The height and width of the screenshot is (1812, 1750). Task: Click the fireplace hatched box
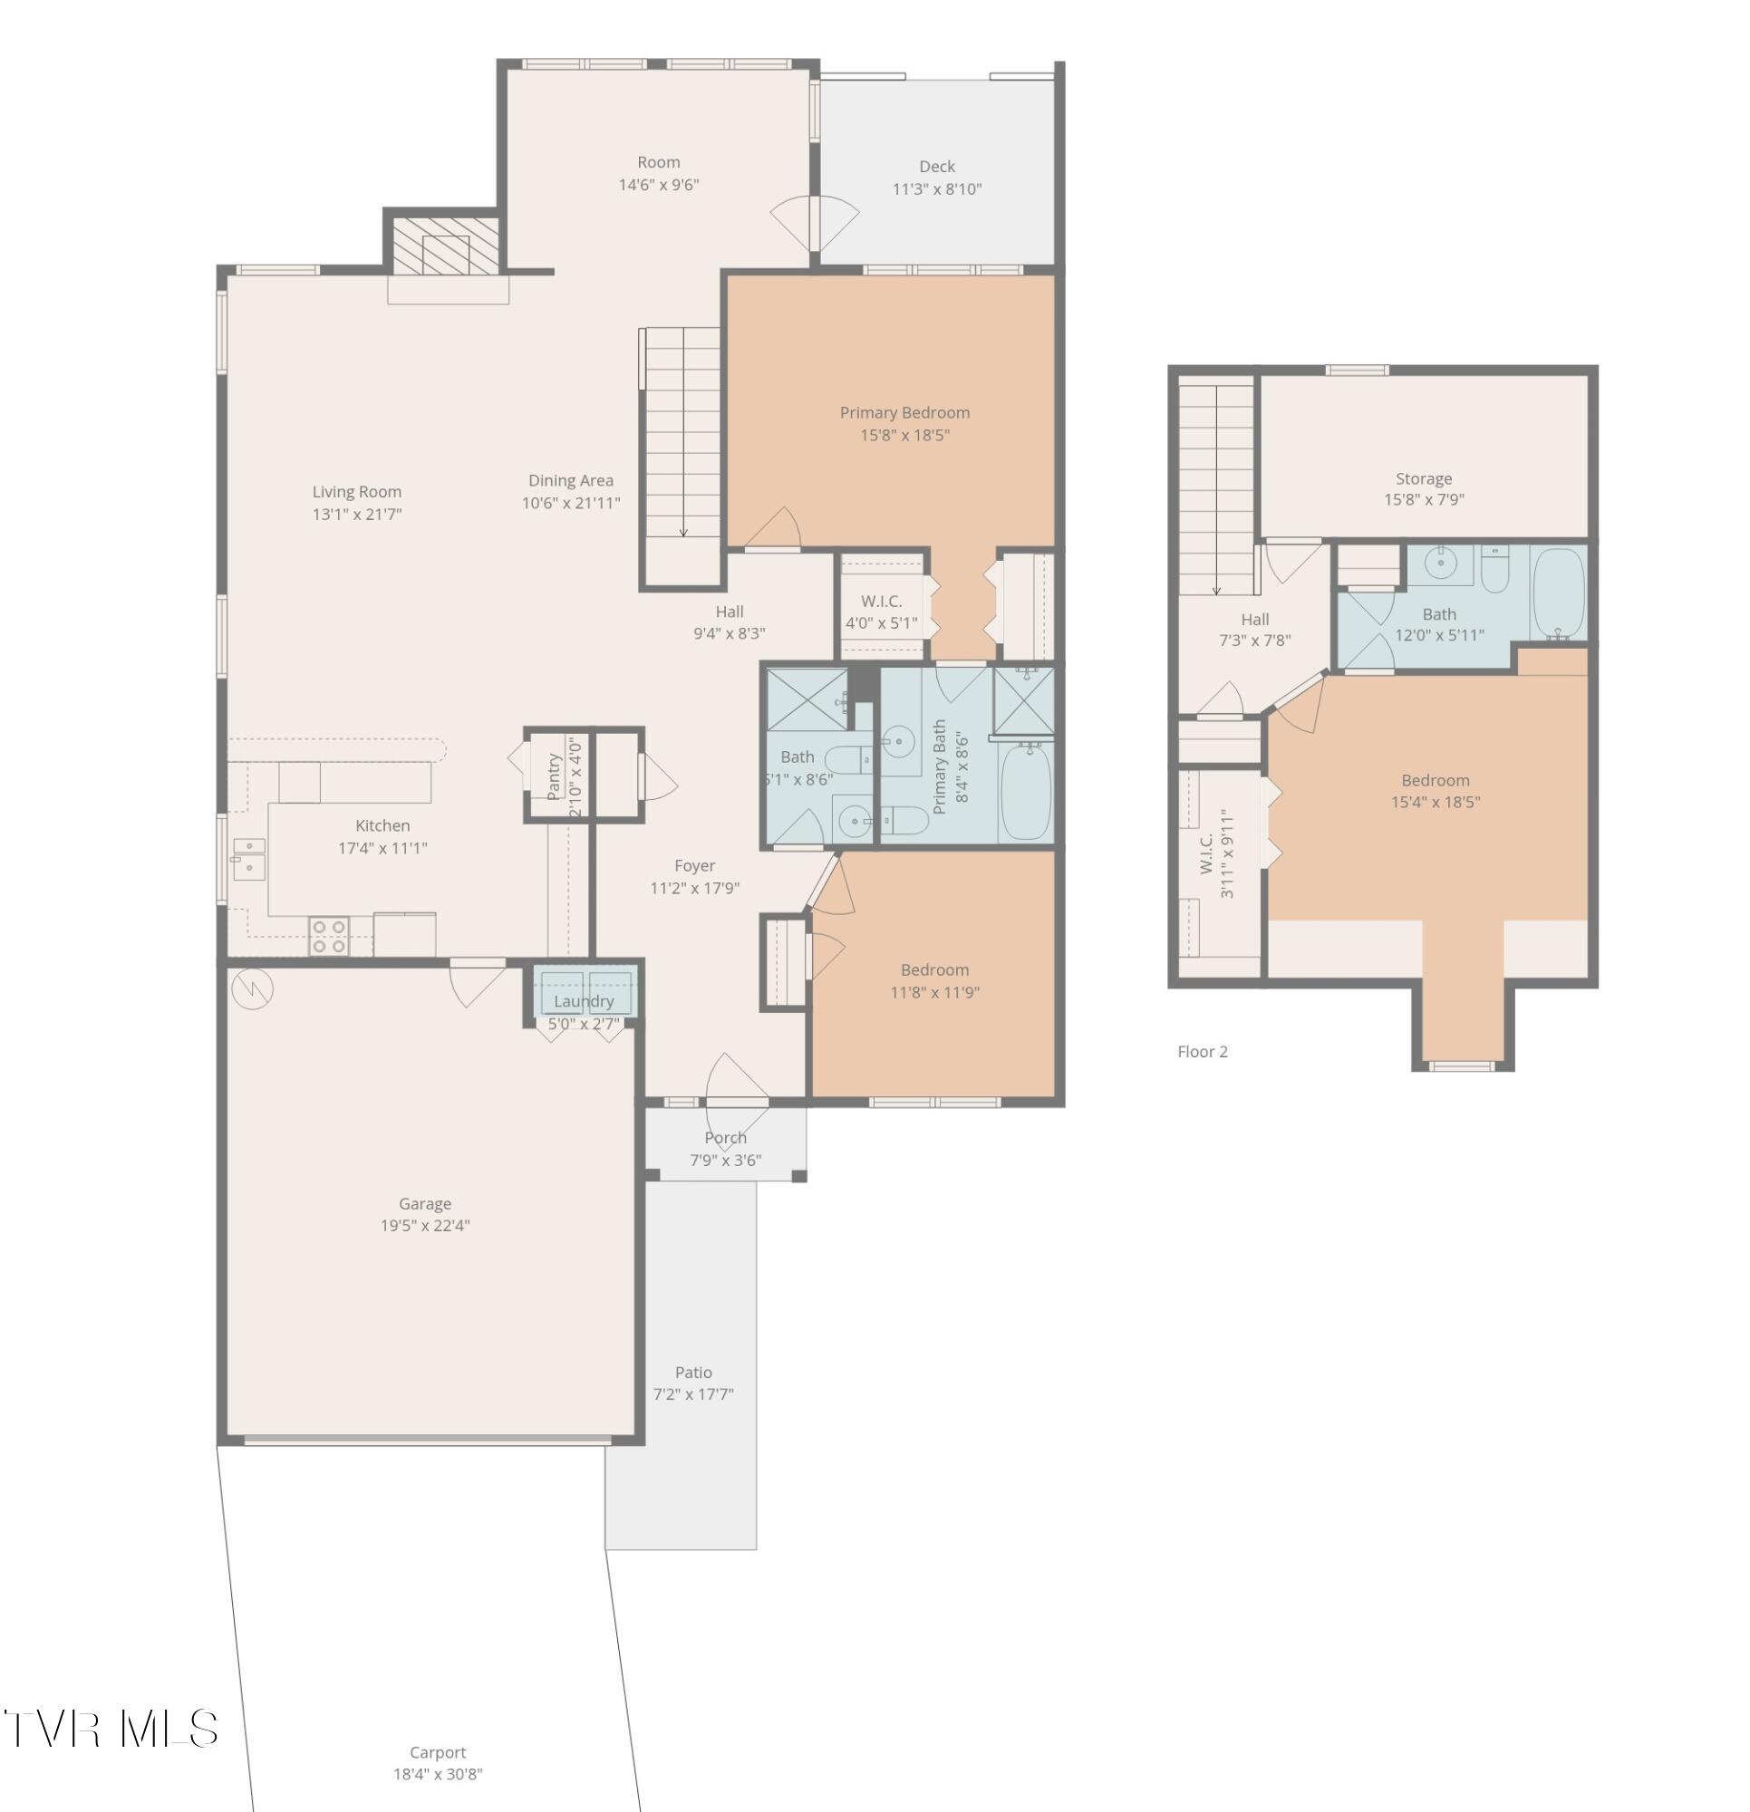tap(445, 245)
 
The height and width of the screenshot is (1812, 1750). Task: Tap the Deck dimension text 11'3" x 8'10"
tap(936, 189)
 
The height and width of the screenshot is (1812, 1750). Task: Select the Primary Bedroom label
tap(904, 413)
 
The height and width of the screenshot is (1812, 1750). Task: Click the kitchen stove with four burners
tap(328, 936)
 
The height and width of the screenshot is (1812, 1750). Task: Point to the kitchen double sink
tap(249, 859)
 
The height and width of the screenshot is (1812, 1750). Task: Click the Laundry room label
tap(583, 1002)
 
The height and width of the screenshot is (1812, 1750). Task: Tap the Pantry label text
tap(554, 776)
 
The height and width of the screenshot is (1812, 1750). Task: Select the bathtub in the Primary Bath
tap(1026, 792)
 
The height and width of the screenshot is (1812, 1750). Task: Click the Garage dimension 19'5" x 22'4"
tap(424, 1226)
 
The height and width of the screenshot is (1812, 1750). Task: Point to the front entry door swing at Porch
tap(736, 1080)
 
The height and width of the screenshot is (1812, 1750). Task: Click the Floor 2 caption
tap(1202, 1052)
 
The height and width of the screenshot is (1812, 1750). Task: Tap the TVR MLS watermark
tap(111, 1729)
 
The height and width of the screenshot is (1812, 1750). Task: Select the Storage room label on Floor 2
tap(1423, 479)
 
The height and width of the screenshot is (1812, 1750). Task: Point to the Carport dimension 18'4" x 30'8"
tap(438, 1774)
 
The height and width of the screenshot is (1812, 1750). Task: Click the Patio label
tap(692, 1373)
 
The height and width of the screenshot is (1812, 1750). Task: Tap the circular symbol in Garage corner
tap(252, 989)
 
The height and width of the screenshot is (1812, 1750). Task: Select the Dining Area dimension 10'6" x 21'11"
tap(570, 504)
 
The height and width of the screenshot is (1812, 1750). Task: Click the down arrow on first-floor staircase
tap(682, 529)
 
